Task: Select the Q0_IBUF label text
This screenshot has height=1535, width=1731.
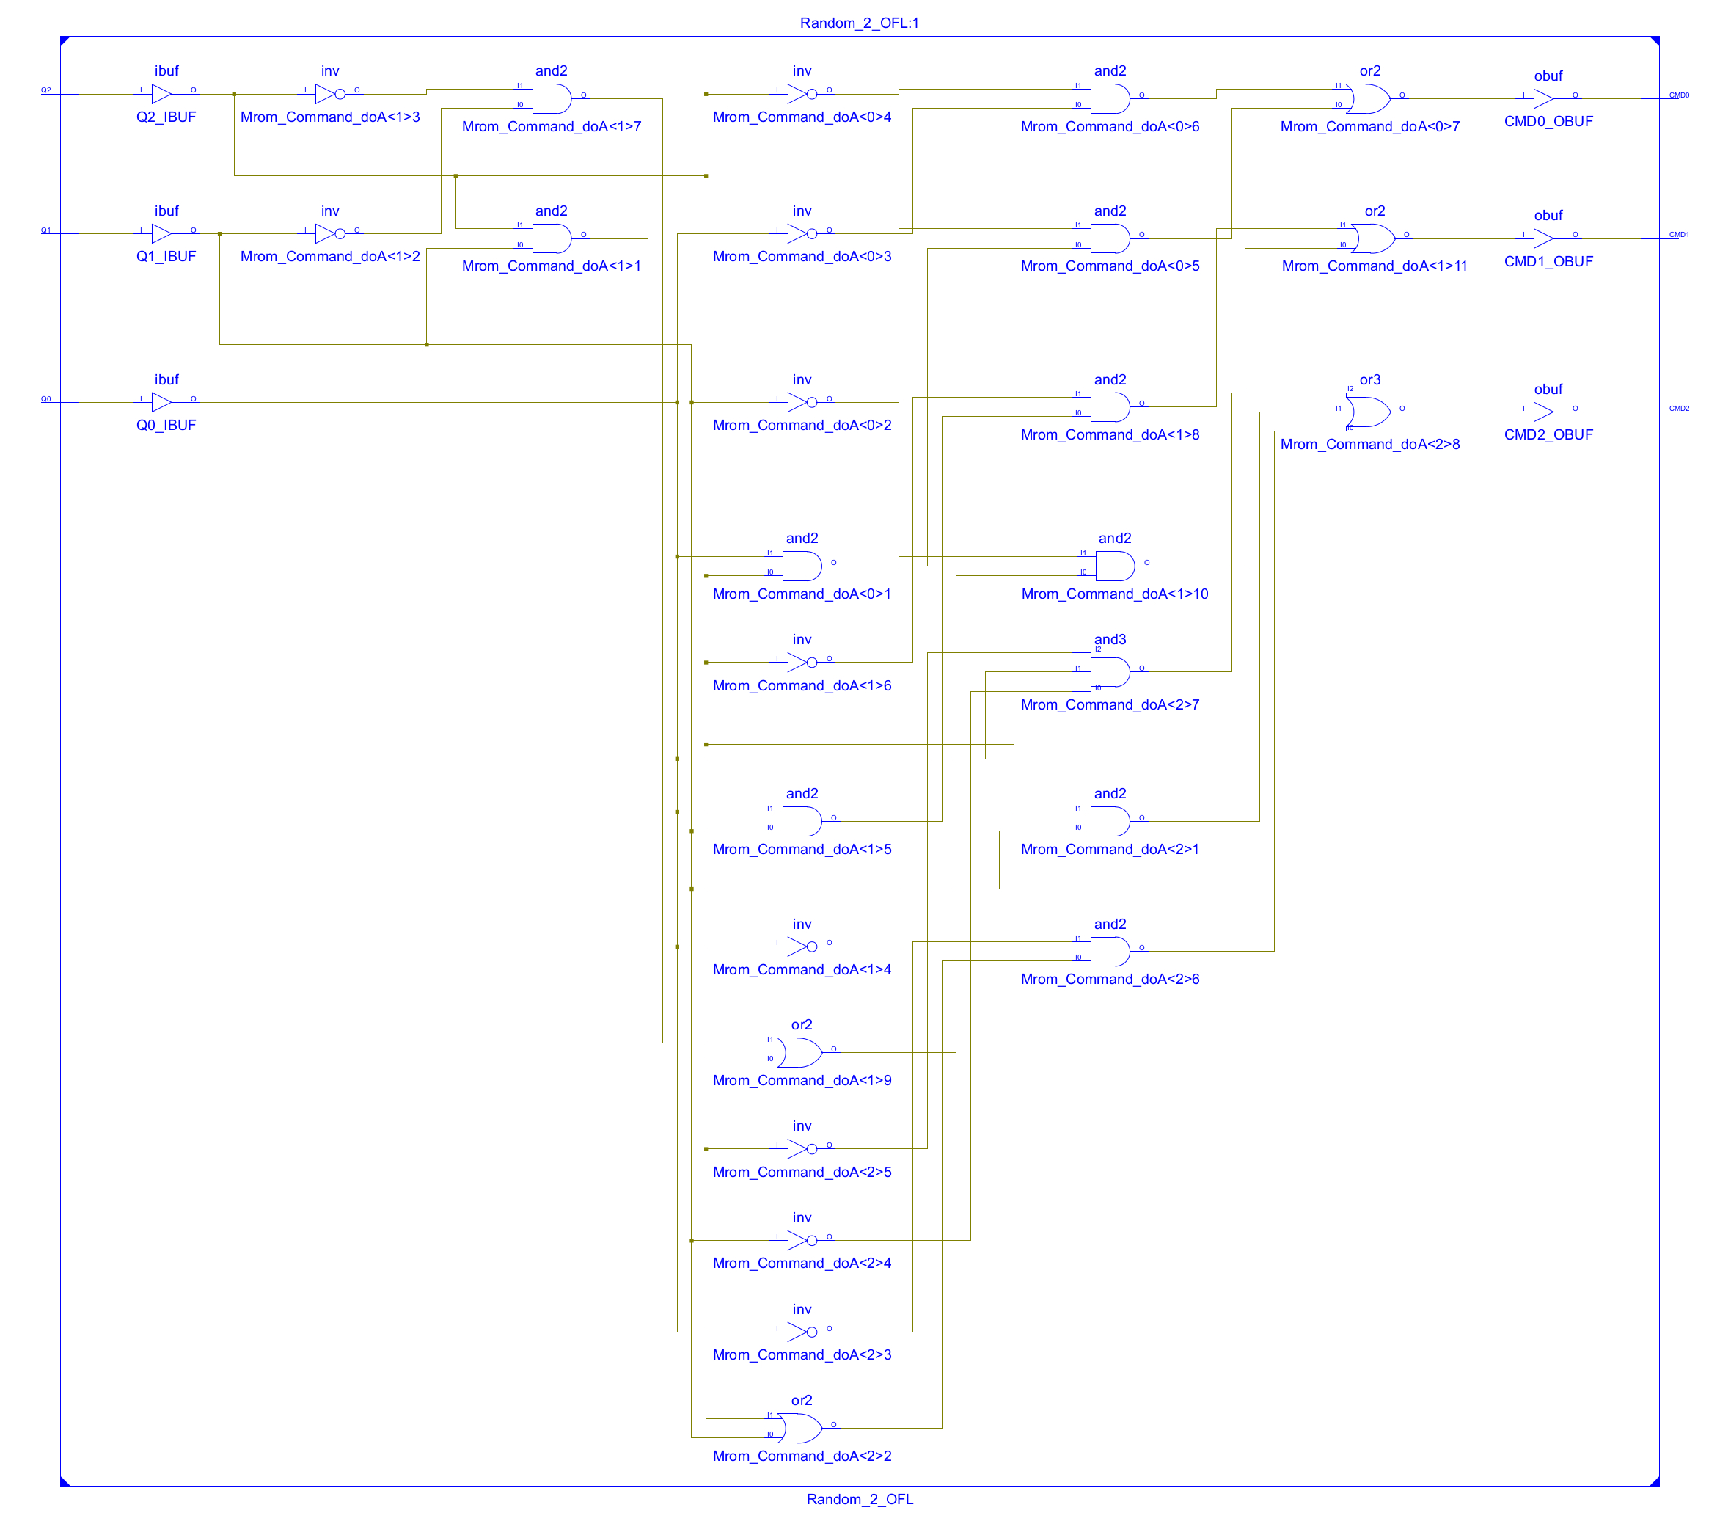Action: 166,426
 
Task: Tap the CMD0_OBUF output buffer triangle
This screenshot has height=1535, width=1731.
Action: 1543,99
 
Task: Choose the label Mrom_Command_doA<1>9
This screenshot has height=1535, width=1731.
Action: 802,1080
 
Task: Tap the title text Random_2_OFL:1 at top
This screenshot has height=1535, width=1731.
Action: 860,23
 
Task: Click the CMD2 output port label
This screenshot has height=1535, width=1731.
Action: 1678,408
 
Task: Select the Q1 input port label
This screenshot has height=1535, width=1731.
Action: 45,230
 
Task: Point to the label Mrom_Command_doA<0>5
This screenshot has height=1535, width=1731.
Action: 1110,266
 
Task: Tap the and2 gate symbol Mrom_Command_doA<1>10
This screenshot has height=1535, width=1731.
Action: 1114,566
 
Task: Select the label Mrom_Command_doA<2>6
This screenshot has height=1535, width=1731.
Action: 1110,980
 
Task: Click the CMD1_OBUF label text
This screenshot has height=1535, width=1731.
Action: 1548,262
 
